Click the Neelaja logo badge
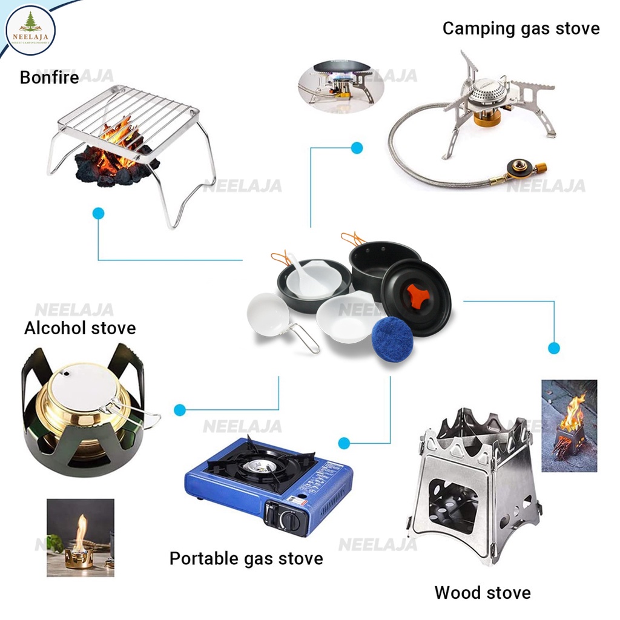point(30,30)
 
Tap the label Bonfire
point(49,77)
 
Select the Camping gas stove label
point(521,28)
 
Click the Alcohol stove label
point(80,328)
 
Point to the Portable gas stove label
point(246,558)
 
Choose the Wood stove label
point(482,592)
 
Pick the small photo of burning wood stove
point(569,425)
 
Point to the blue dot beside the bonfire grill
point(98,213)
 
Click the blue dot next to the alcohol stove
point(179,410)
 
